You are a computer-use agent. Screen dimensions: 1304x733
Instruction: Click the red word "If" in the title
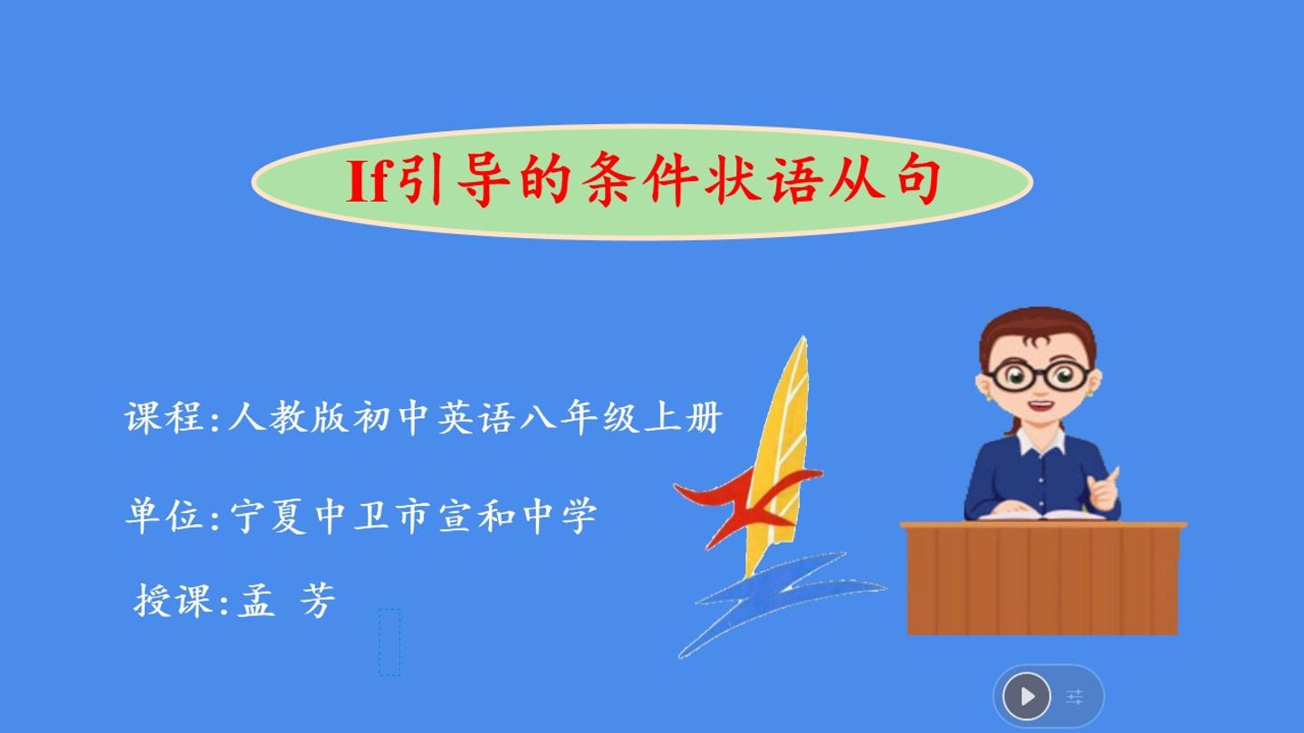click(x=367, y=181)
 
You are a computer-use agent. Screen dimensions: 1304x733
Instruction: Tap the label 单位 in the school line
click(x=164, y=516)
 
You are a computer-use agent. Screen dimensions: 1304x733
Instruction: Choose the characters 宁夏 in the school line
click(x=268, y=516)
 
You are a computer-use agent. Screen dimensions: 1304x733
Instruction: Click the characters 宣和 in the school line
click(x=476, y=516)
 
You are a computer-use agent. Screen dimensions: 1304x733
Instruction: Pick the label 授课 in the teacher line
click(x=173, y=600)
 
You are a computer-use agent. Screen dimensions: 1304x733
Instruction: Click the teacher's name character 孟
click(x=255, y=600)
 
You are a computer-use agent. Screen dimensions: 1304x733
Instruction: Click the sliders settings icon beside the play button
click(x=1075, y=697)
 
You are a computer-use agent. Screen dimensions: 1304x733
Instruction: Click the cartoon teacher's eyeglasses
click(x=1039, y=376)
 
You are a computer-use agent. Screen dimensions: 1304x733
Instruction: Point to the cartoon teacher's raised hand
click(x=1104, y=490)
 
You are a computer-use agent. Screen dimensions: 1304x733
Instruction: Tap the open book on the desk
click(x=1042, y=516)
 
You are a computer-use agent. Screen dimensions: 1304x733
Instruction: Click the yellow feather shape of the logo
click(x=777, y=453)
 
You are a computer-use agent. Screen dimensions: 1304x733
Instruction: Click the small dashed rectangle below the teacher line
click(x=389, y=643)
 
